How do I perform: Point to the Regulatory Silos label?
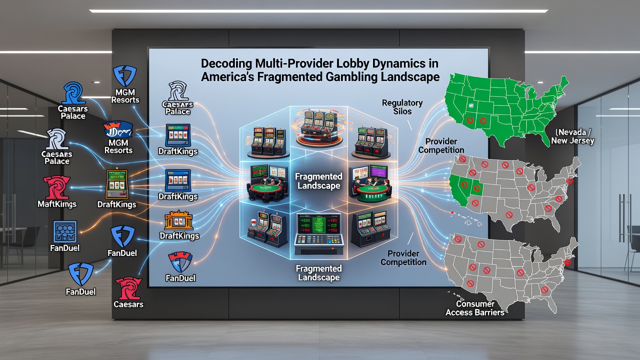402,107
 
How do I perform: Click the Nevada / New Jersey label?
572,136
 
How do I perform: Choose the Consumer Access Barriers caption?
475,308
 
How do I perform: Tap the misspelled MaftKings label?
57,204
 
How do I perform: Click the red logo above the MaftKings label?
56,187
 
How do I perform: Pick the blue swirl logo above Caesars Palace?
73,93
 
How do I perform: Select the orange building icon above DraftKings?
179,220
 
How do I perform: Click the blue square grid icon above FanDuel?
65,231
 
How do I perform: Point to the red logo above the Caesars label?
128,288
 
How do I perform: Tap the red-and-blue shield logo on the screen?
180,262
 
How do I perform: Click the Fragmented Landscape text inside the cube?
318,181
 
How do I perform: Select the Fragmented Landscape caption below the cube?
318,273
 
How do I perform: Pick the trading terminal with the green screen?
318,233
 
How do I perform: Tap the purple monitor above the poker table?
378,172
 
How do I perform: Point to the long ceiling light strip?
318,11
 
